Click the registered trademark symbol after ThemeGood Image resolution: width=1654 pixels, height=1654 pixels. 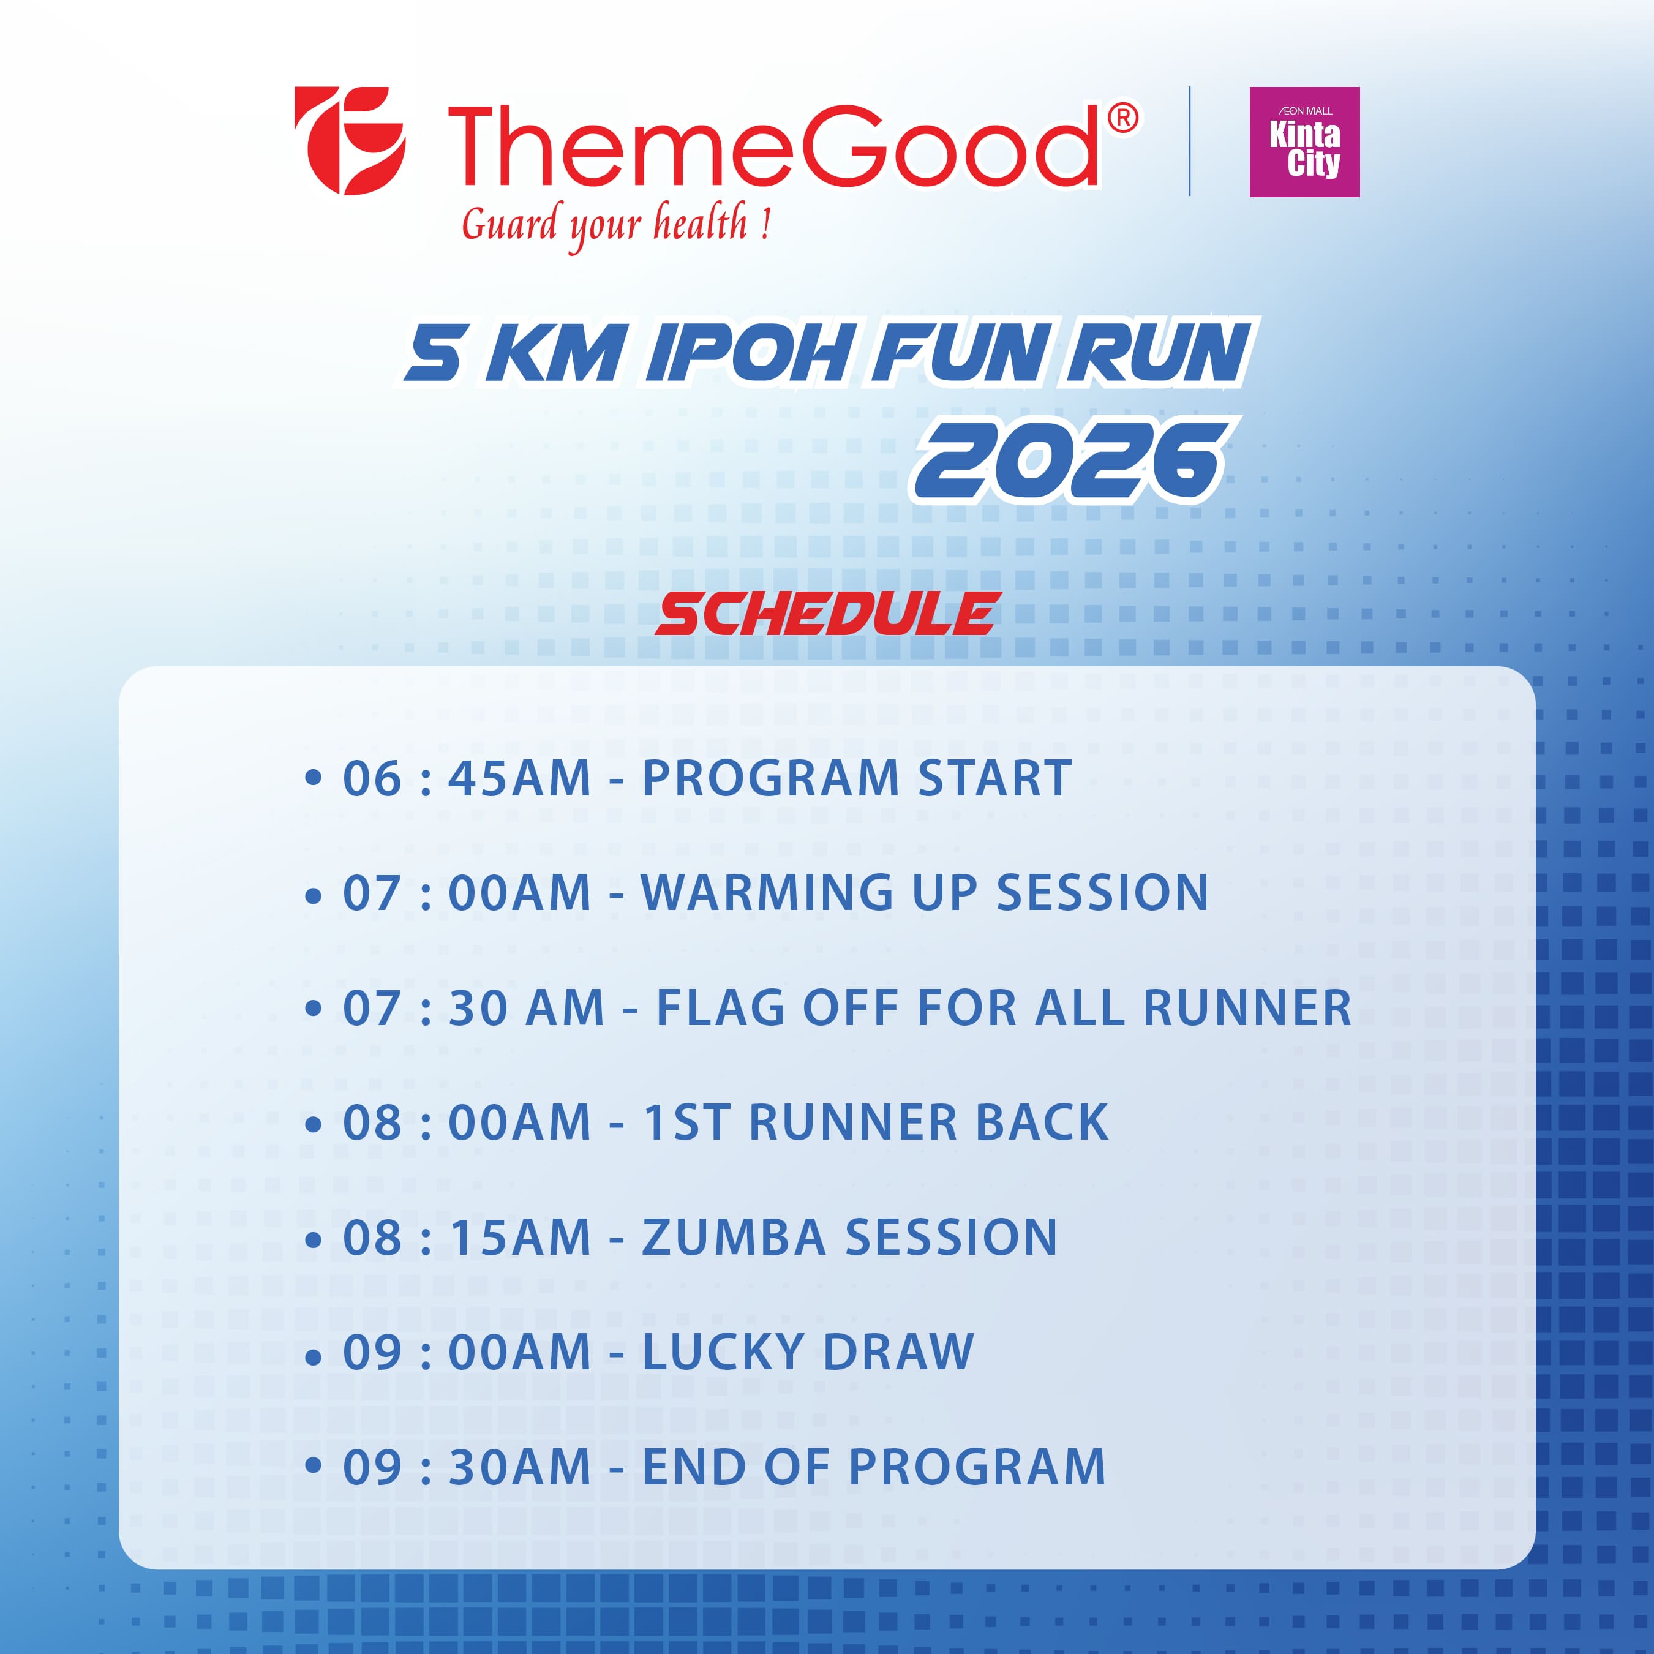click(1123, 118)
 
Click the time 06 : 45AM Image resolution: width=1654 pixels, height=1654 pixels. click(467, 778)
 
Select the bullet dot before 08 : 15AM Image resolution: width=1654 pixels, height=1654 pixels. click(314, 1239)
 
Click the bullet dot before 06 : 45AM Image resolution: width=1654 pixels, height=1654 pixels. click(314, 778)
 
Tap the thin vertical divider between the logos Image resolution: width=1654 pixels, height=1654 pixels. click(1190, 141)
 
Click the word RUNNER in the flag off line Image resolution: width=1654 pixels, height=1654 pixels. click(1247, 1007)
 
